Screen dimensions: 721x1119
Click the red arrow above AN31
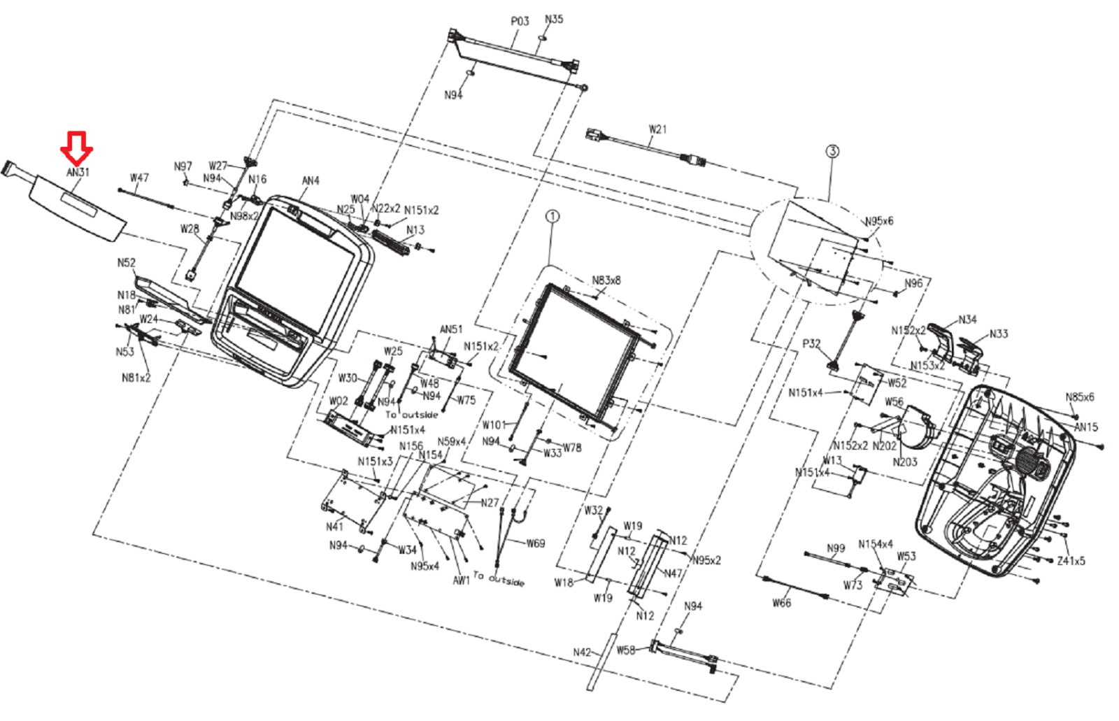(76, 146)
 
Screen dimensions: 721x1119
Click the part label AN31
(78, 172)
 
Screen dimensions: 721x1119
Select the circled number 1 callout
(553, 216)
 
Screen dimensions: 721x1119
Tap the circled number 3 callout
(832, 151)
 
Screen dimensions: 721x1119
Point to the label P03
(520, 22)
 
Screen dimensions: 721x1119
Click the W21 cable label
(657, 129)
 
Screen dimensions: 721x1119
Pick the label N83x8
(606, 280)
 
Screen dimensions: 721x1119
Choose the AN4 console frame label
(311, 181)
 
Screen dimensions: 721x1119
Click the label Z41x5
(1071, 561)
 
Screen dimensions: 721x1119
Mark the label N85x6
(1080, 397)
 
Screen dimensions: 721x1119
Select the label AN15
(1086, 427)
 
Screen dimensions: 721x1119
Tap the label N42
(582, 652)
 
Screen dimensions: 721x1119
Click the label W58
(626, 650)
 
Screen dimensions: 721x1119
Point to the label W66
(781, 603)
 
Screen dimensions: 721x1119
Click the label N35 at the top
(554, 20)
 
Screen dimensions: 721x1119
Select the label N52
(126, 263)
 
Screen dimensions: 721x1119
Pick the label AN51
(451, 329)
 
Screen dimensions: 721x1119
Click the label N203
(905, 462)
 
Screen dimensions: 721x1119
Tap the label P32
(811, 343)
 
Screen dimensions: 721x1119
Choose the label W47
(139, 178)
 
